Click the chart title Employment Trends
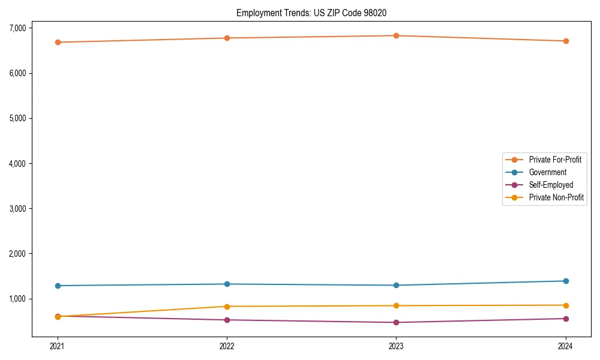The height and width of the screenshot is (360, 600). [315, 13]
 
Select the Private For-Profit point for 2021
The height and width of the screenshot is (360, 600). [58, 42]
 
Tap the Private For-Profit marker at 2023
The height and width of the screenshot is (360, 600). [396, 35]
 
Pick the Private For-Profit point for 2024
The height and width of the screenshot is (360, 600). [566, 41]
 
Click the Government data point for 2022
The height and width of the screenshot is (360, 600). [227, 284]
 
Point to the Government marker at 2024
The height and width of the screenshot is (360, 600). [566, 281]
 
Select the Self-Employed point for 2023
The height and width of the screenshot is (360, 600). [396, 322]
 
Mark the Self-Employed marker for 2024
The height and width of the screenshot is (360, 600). [566, 319]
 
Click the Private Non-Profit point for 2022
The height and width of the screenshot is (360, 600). [227, 307]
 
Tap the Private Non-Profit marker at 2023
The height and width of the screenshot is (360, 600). [396, 305]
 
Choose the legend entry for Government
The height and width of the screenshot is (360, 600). [547, 172]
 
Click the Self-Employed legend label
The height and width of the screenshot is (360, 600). [551, 185]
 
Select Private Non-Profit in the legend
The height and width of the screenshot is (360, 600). [556, 197]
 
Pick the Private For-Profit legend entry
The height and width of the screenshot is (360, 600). [555, 160]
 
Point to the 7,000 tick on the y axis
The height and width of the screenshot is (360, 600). [17, 28]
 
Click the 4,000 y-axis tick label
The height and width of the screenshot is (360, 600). [17, 163]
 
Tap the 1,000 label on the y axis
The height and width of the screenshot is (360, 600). [17, 299]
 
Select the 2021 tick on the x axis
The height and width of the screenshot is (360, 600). [58, 346]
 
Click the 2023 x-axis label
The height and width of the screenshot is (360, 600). [396, 346]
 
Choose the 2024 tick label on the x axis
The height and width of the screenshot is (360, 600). [566, 346]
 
